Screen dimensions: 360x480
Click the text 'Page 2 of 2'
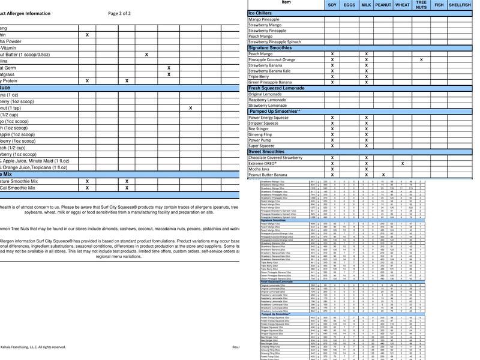coord(119,13)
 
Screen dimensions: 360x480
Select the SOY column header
coord(332,5)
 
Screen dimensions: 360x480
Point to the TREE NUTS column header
coord(421,5)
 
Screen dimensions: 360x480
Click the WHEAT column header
coord(402,5)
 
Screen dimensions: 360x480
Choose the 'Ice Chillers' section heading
coord(260,13)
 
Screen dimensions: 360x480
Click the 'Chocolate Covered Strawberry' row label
coord(284,157)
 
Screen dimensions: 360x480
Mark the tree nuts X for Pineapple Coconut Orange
coord(421,60)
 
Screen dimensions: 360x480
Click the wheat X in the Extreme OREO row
coord(402,163)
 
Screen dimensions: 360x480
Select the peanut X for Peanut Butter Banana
coord(383,175)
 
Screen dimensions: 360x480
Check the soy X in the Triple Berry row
coord(332,77)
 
